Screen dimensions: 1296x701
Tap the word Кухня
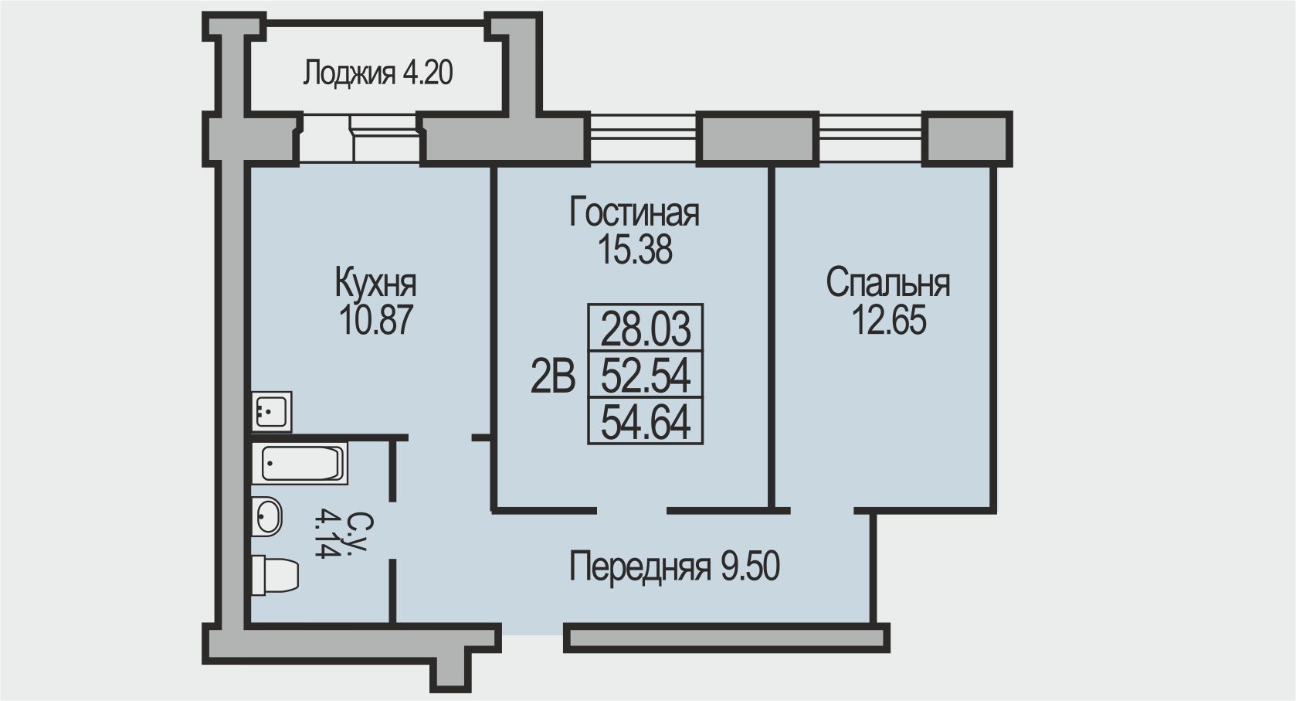pos(375,284)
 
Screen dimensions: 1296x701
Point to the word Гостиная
pos(634,213)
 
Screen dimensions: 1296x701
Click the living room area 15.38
pos(635,250)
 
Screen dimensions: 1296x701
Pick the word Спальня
pos(888,284)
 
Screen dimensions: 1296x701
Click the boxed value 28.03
pos(646,328)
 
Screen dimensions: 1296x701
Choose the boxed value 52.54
pos(646,375)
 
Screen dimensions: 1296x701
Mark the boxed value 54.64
pos(646,422)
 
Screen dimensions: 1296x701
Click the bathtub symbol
pos(300,463)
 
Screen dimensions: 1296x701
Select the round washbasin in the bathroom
pos(266,516)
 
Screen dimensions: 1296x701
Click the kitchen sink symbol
pos(271,411)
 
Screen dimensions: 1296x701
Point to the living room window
pos(643,133)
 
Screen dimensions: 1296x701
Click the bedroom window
pos(870,133)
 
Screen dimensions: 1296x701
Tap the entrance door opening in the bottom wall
pos(532,631)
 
